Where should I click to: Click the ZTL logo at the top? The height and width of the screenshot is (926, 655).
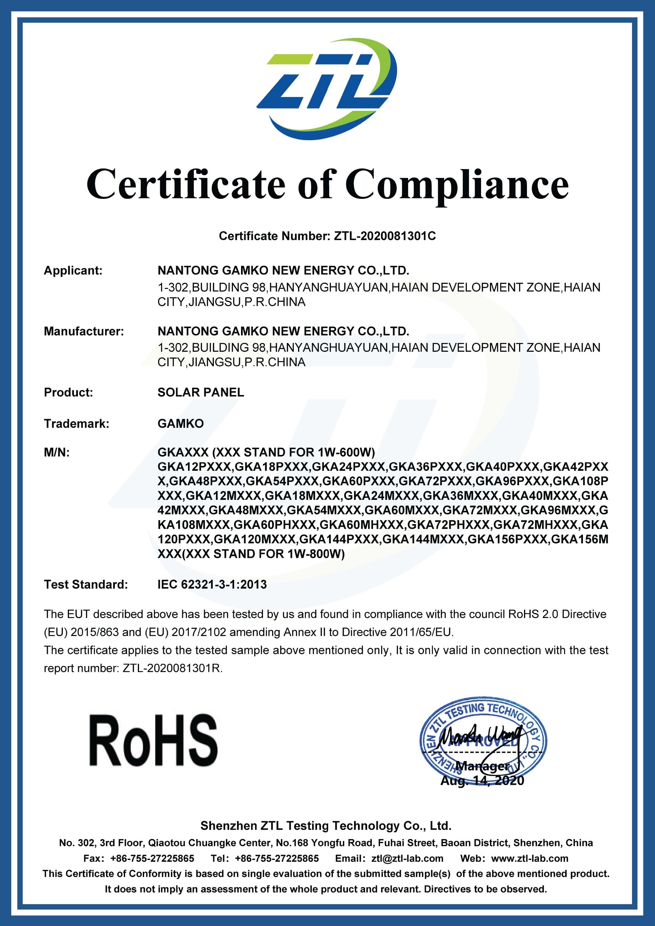click(x=327, y=89)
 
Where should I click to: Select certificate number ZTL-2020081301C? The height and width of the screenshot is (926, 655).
click(x=385, y=236)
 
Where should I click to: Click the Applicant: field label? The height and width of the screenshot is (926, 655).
click(x=73, y=270)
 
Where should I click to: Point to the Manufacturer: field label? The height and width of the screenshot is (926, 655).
click(x=84, y=331)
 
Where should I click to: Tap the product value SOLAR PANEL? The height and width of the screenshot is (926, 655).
click(x=200, y=392)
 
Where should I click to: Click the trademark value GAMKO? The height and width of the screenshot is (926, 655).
click(x=180, y=424)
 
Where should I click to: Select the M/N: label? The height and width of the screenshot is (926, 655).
click(x=56, y=452)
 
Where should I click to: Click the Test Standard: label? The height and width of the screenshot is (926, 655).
click(x=85, y=584)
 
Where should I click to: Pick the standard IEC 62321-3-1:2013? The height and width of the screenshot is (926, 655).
click(x=212, y=584)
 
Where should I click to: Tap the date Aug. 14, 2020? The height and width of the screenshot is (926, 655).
click(x=482, y=781)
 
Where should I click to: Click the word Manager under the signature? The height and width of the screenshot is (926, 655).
click(x=482, y=766)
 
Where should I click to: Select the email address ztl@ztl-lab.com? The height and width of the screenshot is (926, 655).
click(x=407, y=858)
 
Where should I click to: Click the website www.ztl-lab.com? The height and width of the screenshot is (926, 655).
click(x=530, y=858)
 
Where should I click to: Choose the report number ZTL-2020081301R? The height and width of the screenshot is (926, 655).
click(x=172, y=668)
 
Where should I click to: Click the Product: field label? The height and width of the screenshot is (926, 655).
click(x=68, y=392)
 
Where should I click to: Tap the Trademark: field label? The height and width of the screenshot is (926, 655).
click(x=76, y=424)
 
